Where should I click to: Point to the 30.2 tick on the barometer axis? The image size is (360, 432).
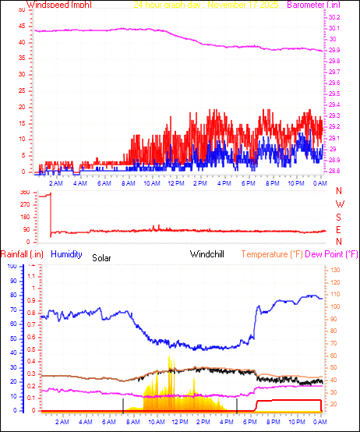click(334, 17)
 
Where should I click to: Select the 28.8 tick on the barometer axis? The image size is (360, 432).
click(334, 171)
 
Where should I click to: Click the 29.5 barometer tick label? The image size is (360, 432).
click(334, 94)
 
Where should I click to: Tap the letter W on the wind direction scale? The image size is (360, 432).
click(339, 204)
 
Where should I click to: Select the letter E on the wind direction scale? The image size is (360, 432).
click(339, 230)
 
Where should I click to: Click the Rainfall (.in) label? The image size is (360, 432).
click(22, 254)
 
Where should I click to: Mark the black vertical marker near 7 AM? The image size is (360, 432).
click(123, 405)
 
